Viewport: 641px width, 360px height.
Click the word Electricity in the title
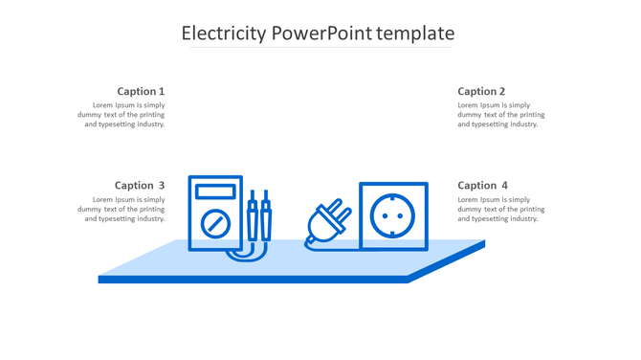pos(224,34)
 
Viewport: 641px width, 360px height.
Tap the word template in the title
pos(415,34)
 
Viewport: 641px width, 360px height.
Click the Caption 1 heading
pos(141,92)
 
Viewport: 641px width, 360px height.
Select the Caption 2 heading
pos(481,92)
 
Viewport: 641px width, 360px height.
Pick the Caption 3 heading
pos(140,186)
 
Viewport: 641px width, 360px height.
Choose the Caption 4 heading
pos(482,186)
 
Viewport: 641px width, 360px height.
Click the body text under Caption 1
pos(122,115)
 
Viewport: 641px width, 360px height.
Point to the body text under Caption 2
pos(500,115)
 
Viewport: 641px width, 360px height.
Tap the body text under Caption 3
pos(122,209)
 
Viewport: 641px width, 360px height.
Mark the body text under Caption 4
pos(500,209)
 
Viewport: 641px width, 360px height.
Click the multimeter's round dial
pos(215,225)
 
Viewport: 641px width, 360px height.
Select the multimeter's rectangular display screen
pos(215,191)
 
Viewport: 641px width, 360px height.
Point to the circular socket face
pos(392,216)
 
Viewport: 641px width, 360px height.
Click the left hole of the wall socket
pos(384,216)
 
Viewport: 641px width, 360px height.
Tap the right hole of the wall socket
pos(402,216)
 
